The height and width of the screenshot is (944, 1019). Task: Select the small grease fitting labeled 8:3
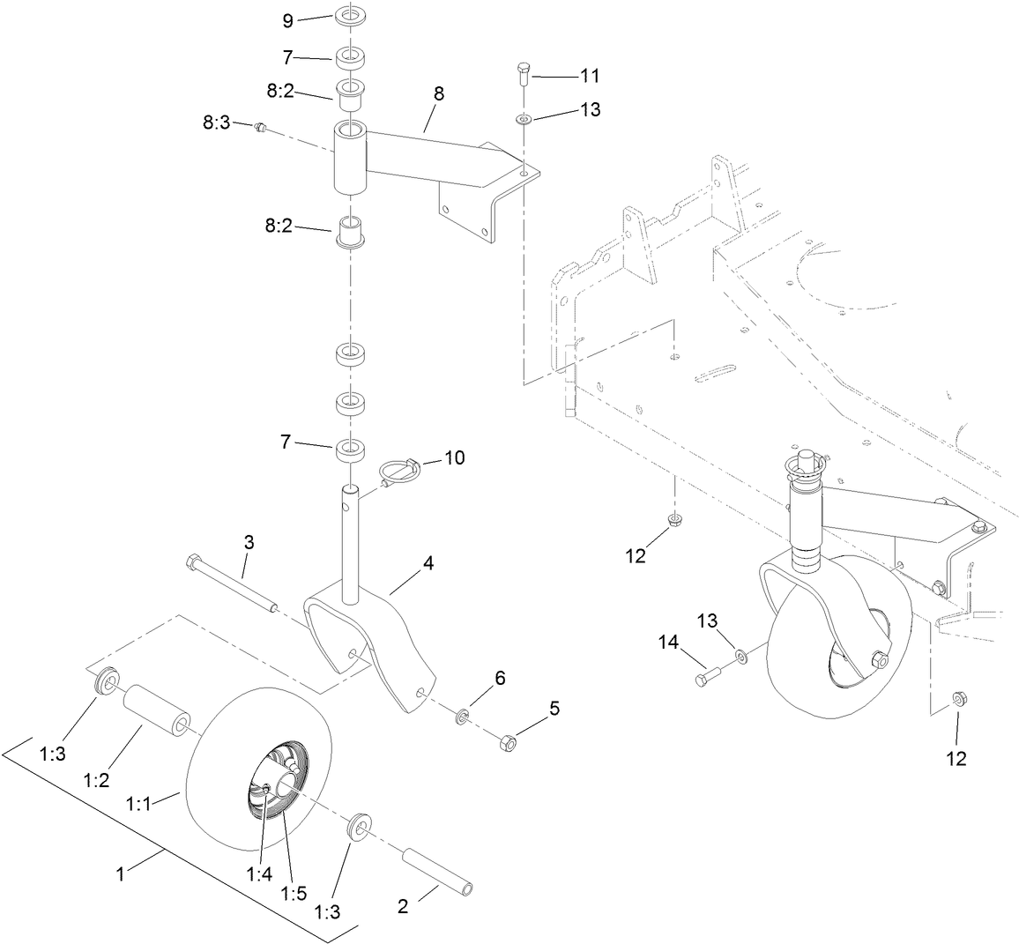[260, 129]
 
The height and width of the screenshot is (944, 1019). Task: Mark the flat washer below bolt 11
[524, 118]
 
